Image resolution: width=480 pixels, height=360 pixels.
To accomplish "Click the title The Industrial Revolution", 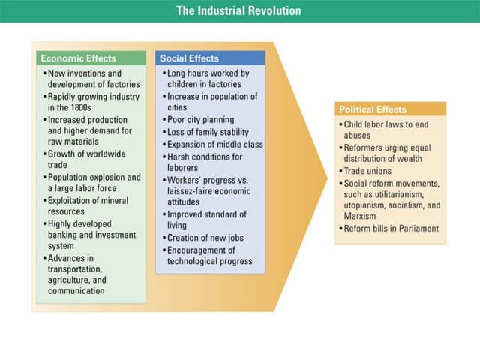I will (238, 11).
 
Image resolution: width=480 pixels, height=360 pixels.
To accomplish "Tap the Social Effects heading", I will (189, 58).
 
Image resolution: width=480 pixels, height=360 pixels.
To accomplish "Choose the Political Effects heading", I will (373, 109).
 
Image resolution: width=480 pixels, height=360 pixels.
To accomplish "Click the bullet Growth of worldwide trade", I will (87, 159).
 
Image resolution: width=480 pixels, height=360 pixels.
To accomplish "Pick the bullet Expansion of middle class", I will (214, 144).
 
